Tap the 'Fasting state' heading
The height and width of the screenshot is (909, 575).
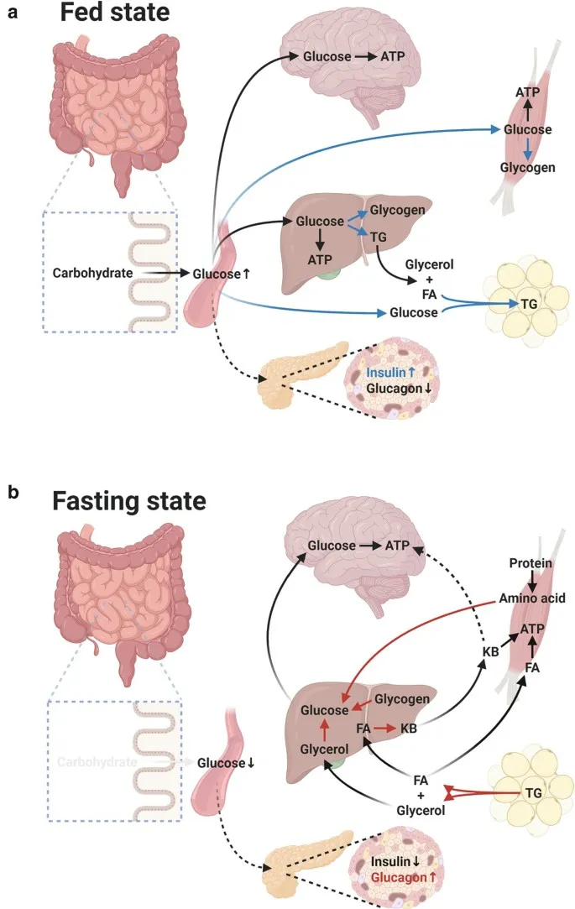pos(128,501)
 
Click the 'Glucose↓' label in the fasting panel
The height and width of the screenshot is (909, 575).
pos(226,763)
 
